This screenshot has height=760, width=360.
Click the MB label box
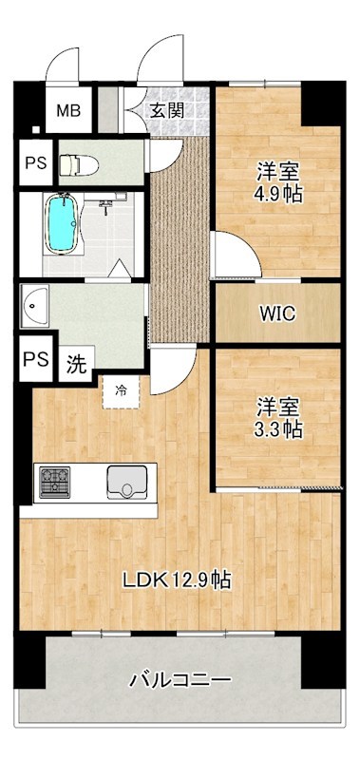point(67,111)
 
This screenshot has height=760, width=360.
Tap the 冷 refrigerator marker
point(121,389)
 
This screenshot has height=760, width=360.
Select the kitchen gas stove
point(53,482)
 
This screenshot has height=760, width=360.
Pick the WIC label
point(276,313)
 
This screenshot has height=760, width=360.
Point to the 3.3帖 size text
point(278,429)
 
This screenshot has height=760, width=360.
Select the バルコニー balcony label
point(180,680)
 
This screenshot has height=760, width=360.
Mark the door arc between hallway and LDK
point(171,372)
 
